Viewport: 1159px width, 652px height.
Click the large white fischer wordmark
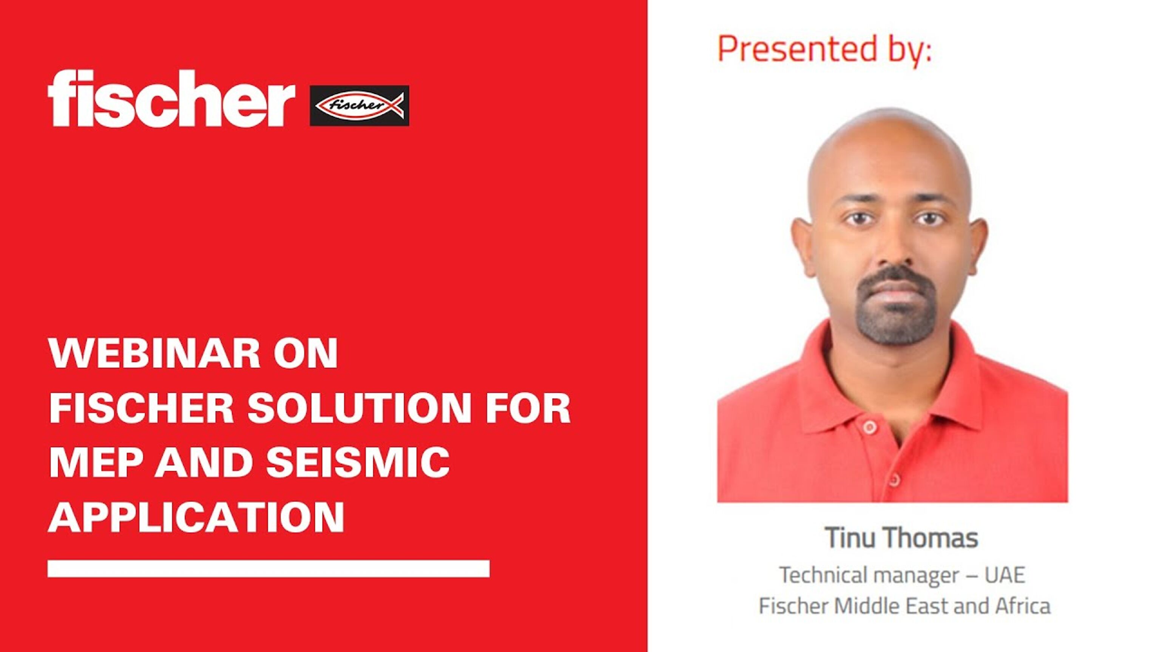point(171,98)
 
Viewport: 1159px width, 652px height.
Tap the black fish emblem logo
point(360,105)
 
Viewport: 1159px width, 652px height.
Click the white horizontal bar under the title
point(269,568)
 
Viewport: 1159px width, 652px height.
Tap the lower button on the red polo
point(894,480)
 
